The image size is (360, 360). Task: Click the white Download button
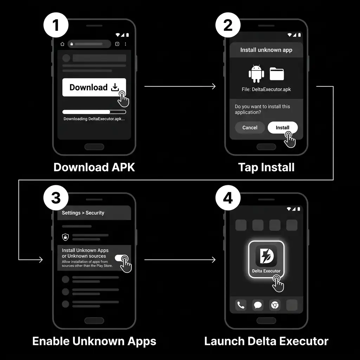click(x=94, y=87)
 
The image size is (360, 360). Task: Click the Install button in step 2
click(x=282, y=128)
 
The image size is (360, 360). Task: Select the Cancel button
click(x=250, y=128)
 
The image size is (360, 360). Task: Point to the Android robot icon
click(x=256, y=74)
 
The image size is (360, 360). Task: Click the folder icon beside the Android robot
click(x=277, y=74)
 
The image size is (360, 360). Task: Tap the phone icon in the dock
click(x=241, y=305)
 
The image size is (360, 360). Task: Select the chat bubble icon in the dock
click(x=258, y=305)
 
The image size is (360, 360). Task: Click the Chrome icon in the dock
click(x=275, y=305)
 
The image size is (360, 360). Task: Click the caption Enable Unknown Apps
click(x=94, y=341)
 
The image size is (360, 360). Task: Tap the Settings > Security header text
click(x=83, y=213)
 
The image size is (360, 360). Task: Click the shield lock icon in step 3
click(x=65, y=237)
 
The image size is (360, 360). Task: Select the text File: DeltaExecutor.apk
click(x=266, y=90)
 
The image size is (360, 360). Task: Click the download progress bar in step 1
click(x=94, y=112)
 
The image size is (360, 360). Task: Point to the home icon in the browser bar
click(x=63, y=44)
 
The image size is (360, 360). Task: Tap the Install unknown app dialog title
click(x=266, y=50)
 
